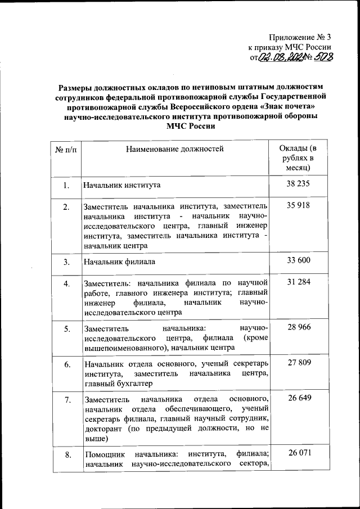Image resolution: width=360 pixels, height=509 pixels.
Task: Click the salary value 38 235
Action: click(x=298, y=184)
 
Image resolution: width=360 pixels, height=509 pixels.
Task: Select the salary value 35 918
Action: click(x=298, y=206)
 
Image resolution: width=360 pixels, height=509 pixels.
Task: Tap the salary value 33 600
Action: click(x=298, y=260)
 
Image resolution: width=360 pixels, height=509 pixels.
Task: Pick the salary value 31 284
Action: click(x=298, y=282)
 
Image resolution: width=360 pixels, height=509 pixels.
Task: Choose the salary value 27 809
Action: click(x=298, y=363)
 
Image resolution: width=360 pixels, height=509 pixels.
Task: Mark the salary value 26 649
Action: click(x=298, y=398)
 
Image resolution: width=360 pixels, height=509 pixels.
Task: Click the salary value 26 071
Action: click(x=298, y=453)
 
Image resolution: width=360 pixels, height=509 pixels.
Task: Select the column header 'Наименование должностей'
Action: click(x=174, y=149)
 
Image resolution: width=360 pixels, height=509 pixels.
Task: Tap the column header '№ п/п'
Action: click(x=66, y=150)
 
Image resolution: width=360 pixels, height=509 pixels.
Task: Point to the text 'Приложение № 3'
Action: click(x=301, y=37)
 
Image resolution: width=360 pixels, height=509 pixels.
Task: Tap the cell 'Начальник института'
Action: click(x=122, y=185)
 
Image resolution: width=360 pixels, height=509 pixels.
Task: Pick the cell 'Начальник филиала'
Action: click(x=119, y=262)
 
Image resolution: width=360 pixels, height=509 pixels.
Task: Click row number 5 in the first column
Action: click(x=66, y=328)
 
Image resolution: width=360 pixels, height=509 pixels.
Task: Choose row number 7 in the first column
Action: click(x=66, y=400)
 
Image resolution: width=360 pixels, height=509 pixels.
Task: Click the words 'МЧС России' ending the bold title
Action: click(x=191, y=127)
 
